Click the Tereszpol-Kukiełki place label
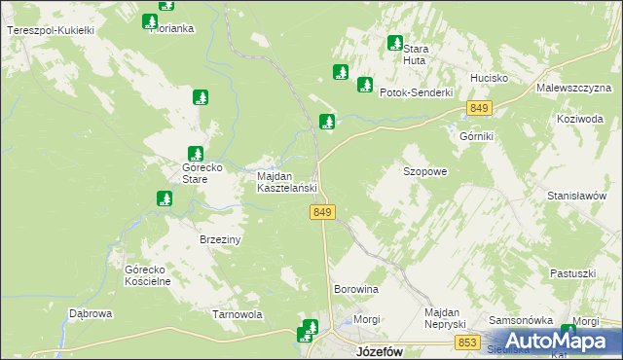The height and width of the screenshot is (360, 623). pyautogui.click(x=50, y=31)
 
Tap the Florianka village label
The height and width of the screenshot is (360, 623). pyautogui.click(x=172, y=29)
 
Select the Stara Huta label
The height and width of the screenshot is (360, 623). pyautogui.click(x=416, y=54)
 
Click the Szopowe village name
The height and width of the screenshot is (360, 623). pyautogui.click(x=424, y=171)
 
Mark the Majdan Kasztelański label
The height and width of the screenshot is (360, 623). pyautogui.click(x=287, y=182)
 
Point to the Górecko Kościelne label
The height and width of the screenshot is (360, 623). pyautogui.click(x=148, y=275)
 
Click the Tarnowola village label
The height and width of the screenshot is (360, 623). pyautogui.click(x=238, y=315)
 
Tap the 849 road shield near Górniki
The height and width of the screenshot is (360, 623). pyautogui.click(x=478, y=108)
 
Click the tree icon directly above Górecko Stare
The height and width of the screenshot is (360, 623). pyautogui.click(x=195, y=153)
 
